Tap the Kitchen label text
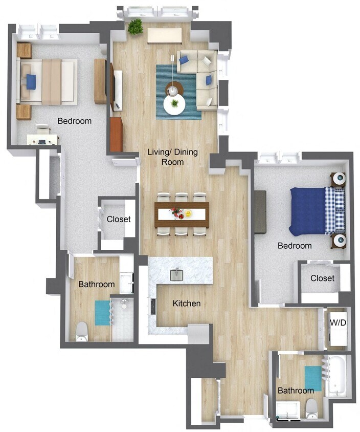(x=186, y=304)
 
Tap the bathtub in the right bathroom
(x=336, y=377)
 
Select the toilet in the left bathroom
(x=82, y=332)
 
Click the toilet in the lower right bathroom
(x=311, y=408)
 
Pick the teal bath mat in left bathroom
(x=102, y=312)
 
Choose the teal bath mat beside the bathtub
(x=313, y=378)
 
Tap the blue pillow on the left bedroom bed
(x=31, y=81)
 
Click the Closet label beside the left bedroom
(x=118, y=219)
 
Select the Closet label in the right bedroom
(x=322, y=278)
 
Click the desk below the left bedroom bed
(x=42, y=138)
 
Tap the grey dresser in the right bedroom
(x=260, y=211)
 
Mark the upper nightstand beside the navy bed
(x=338, y=180)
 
